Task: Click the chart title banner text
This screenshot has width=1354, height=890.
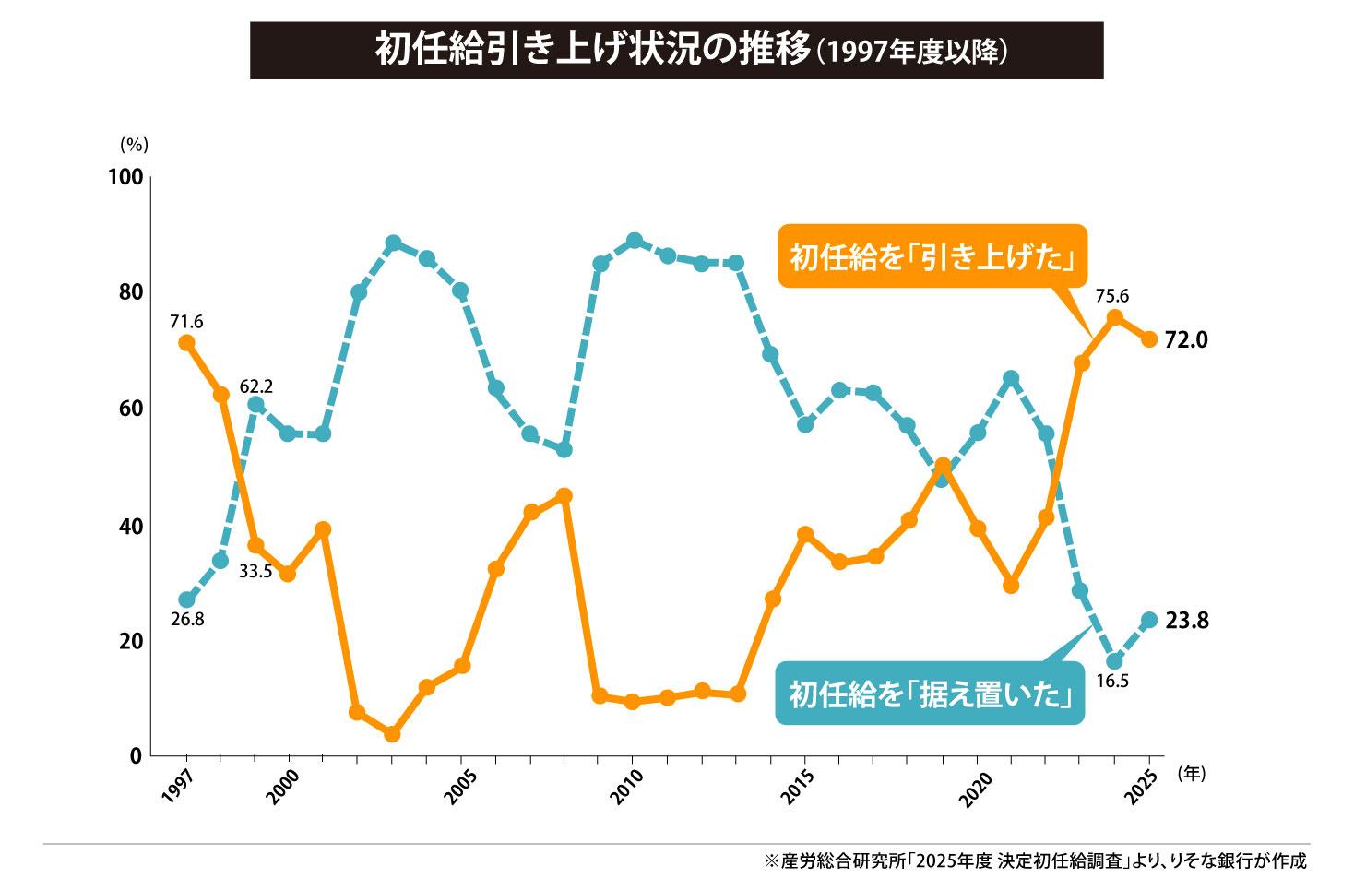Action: (x=676, y=51)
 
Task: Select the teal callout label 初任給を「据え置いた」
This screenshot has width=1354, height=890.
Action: (x=930, y=693)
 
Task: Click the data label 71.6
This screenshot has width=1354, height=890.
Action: (x=186, y=322)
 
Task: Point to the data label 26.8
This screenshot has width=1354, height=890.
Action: (x=187, y=619)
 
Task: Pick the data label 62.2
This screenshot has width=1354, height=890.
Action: (x=256, y=386)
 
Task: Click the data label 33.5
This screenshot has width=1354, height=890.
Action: (x=255, y=572)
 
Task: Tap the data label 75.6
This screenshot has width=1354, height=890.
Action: (x=1112, y=297)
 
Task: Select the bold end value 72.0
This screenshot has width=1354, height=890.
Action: (x=1186, y=340)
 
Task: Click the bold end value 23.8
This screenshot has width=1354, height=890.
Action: (x=1186, y=622)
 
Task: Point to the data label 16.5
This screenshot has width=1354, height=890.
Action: (x=1112, y=682)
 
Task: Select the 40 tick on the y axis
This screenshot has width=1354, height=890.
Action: (x=130, y=526)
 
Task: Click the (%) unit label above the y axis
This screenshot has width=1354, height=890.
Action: (x=133, y=145)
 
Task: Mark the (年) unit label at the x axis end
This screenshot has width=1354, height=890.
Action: (x=1191, y=775)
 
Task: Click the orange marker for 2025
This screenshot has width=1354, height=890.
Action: (x=1149, y=339)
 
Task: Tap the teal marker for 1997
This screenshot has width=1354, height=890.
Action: (x=187, y=599)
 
